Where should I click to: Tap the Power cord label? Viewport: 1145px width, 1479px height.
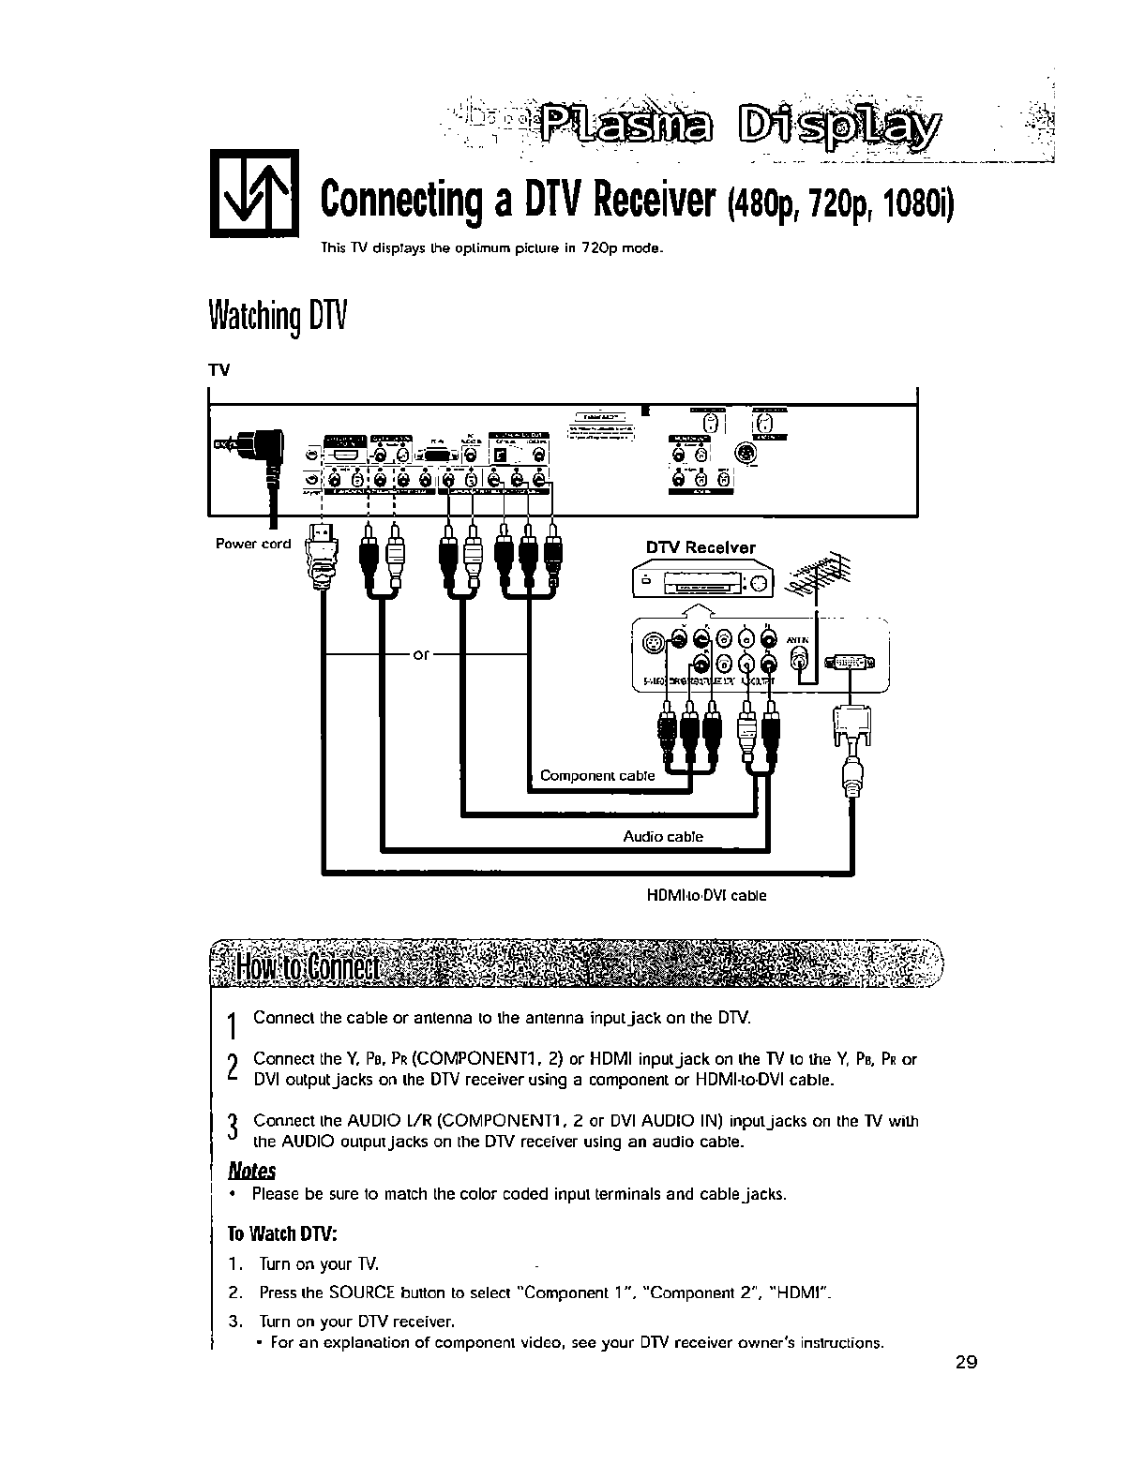[253, 544]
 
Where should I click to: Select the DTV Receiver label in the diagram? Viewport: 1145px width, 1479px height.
[700, 547]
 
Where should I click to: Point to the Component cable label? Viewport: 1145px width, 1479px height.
[597, 775]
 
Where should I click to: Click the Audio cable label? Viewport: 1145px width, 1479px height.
[663, 836]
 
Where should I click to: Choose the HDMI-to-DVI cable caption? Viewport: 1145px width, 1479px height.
[706, 895]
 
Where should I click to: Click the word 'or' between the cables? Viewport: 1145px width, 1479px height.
[421, 654]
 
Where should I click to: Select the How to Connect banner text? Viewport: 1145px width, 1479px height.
[306, 966]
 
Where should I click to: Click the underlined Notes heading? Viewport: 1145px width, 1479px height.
[252, 1171]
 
